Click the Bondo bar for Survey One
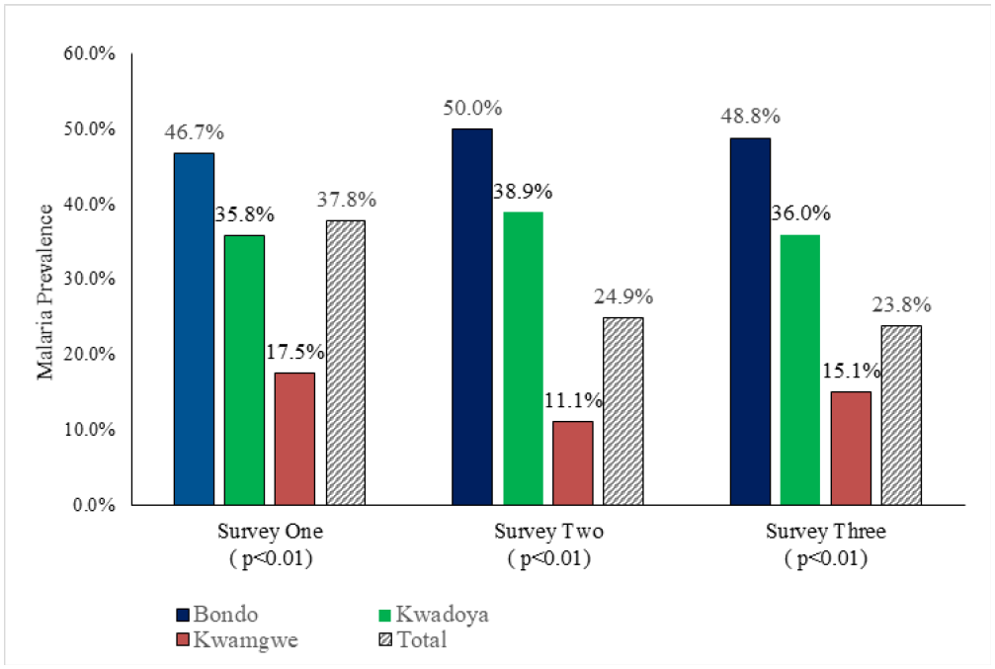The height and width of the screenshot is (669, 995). click(x=194, y=329)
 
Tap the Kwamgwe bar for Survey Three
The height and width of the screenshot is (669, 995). click(x=851, y=448)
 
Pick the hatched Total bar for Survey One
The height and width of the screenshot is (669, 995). click(x=345, y=362)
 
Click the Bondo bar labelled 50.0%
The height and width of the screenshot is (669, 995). click(x=472, y=316)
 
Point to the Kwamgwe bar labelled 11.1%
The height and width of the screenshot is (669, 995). click(x=573, y=462)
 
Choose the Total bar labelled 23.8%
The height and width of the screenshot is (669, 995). click(x=901, y=415)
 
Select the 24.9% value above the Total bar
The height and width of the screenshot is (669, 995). click(x=623, y=296)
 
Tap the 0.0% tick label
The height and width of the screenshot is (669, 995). click(x=95, y=505)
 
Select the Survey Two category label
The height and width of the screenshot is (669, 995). click(x=548, y=532)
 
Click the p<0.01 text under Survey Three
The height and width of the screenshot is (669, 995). click(x=826, y=558)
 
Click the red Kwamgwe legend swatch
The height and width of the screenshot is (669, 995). click(x=185, y=640)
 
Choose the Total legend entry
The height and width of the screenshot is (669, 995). click(x=412, y=640)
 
